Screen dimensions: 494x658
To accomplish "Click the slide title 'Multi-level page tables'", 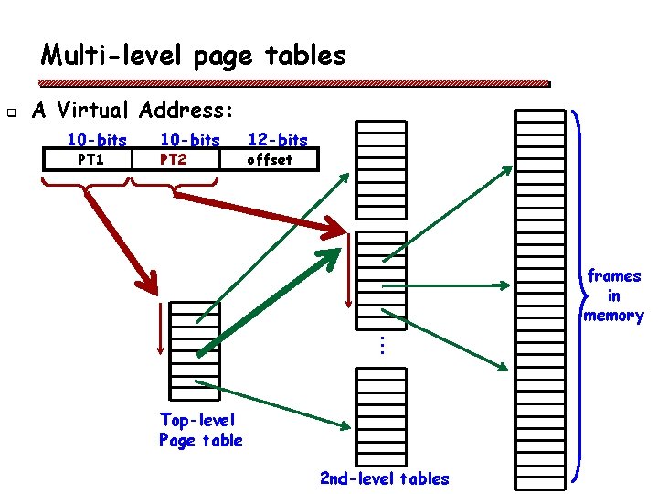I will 194,56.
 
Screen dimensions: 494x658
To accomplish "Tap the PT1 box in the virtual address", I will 90,160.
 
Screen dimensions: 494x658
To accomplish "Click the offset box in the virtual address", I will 271,160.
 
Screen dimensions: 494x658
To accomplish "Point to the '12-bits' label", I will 278,140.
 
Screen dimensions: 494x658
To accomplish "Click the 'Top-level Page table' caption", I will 200,430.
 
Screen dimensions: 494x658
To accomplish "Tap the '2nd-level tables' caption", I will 384,478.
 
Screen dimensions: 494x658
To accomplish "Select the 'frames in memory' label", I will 614,295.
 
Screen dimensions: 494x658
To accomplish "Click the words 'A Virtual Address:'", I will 133,111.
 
